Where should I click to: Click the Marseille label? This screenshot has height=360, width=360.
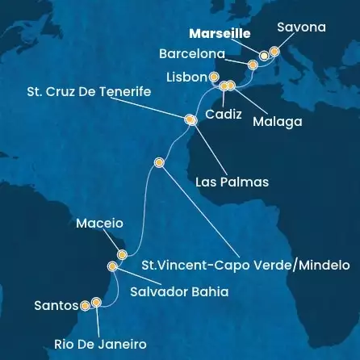pyautogui.click(x=219, y=35)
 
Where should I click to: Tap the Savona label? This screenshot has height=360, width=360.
pyautogui.click(x=301, y=27)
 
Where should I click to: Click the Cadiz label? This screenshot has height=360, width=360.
pyautogui.click(x=223, y=115)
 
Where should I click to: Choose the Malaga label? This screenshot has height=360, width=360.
pyautogui.click(x=278, y=123)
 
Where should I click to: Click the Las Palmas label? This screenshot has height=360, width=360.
pyautogui.click(x=232, y=182)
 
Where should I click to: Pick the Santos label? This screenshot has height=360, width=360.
pyautogui.click(x=56, y=306)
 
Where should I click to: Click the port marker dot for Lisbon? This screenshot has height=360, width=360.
pyautogui.click(x=214, y=77)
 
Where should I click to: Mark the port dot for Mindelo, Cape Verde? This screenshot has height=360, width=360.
pyautogui.click(x=159, y=162)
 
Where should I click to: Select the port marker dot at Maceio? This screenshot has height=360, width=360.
pyautogui.click(x=122, y=254)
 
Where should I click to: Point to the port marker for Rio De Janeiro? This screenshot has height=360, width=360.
pyautogui.click(x=97, y=303)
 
